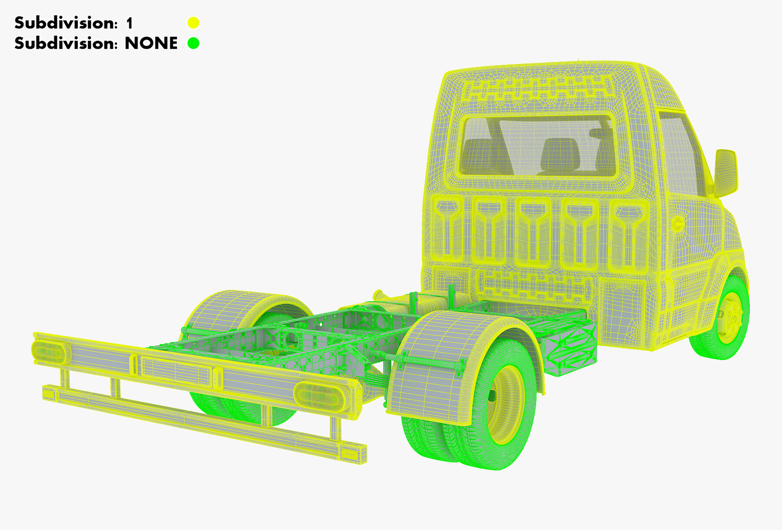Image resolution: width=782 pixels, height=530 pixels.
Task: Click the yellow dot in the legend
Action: (x=193, y=23)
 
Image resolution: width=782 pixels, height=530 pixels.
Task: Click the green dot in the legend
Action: (x=193, y=43)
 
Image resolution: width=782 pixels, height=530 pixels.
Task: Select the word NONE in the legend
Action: (x=151, y=43)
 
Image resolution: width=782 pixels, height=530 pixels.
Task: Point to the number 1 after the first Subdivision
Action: (x=129, y=23)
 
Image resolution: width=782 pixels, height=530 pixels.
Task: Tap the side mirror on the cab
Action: (x=726, y=173)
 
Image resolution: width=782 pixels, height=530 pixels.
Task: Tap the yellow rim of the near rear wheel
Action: (x=506, y=404)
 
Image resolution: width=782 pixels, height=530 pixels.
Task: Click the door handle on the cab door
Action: (x=677, y=224)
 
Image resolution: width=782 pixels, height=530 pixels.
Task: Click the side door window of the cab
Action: (x=682, y=152)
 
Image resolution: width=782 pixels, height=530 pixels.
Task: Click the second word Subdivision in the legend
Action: (x=66, y=43)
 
